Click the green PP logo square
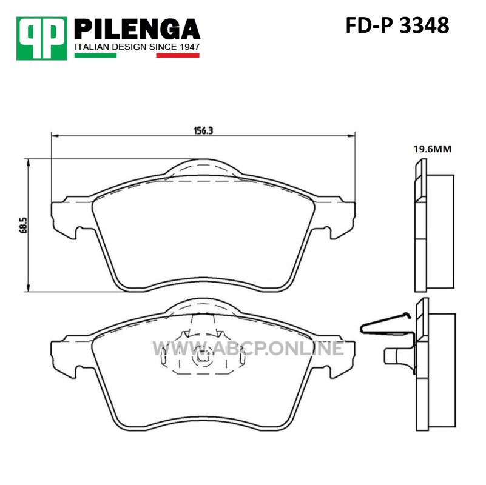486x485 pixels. [x=41, y=38]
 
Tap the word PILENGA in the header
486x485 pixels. [x=137, y=29]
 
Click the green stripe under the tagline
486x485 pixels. [x=95, y=55]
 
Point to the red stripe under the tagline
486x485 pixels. [x=178, y=55]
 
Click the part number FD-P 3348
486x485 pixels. [x=397, y=25]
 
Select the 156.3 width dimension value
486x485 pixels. [x=203, y=130]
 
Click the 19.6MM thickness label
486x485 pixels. [x=433, y=149]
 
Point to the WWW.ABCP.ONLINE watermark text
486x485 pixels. [x=248, y=348]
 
